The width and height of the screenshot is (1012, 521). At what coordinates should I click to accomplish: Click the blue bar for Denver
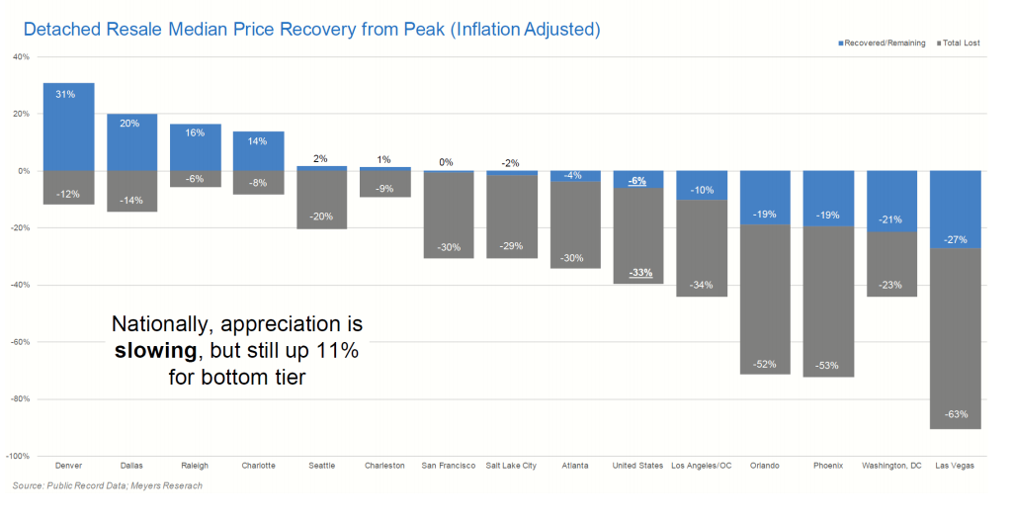coord(68,127)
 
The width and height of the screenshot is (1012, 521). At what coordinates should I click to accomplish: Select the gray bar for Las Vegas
coord(956,338)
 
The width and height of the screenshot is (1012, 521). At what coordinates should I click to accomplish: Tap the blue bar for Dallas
coord(131,142)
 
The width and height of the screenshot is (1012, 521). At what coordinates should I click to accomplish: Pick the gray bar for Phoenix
coord(828,302)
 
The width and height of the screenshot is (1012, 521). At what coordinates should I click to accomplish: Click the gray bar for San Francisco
coord(448,215)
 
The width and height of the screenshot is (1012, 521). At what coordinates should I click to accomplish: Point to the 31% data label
coord(65,94)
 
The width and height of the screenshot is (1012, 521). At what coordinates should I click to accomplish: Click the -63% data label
coord(956,414)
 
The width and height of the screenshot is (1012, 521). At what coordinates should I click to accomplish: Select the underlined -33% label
coord(640,273)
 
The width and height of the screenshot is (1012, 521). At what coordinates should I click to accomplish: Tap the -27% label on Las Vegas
coord(956,239)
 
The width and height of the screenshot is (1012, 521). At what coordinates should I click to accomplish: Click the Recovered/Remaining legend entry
coord(882,43)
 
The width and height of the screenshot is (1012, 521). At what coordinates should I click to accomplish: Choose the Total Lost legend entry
coord(959,43)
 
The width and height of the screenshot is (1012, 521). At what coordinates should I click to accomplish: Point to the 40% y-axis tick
coord(21,56)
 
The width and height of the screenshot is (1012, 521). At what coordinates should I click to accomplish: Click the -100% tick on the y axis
coord(18,456)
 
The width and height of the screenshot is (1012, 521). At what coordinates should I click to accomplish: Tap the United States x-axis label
coord(637,466)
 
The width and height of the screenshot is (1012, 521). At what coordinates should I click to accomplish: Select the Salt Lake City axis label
coord(511,466)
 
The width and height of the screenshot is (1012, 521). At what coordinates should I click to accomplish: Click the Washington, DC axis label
coord(892,466)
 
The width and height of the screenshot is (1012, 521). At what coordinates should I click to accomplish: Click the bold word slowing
coord(155,351)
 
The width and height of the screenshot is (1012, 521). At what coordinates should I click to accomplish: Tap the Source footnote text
coord(107,485)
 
